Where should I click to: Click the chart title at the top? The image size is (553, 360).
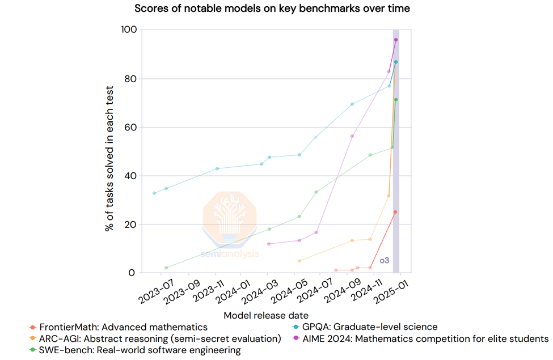point(272,9)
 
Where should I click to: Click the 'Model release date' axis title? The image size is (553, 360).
point(266,315)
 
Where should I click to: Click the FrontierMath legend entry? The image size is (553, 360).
point(119,327)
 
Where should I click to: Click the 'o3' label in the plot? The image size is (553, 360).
point(385,261)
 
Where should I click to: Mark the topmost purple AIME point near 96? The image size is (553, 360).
point(396,40)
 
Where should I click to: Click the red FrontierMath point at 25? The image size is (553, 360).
point(395,212)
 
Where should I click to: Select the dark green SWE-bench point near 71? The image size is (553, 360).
point(396,100)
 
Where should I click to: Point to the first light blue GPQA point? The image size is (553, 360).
point(154,193)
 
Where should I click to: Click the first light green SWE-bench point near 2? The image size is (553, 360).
point(166,268)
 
